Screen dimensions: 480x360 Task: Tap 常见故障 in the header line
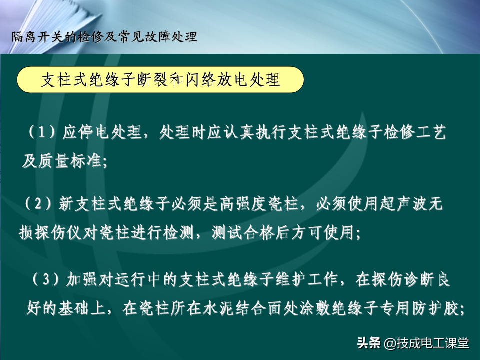tap(143, 37)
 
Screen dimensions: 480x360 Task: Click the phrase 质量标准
tap(70, 161)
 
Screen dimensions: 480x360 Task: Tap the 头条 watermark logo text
tap(369, 343)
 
